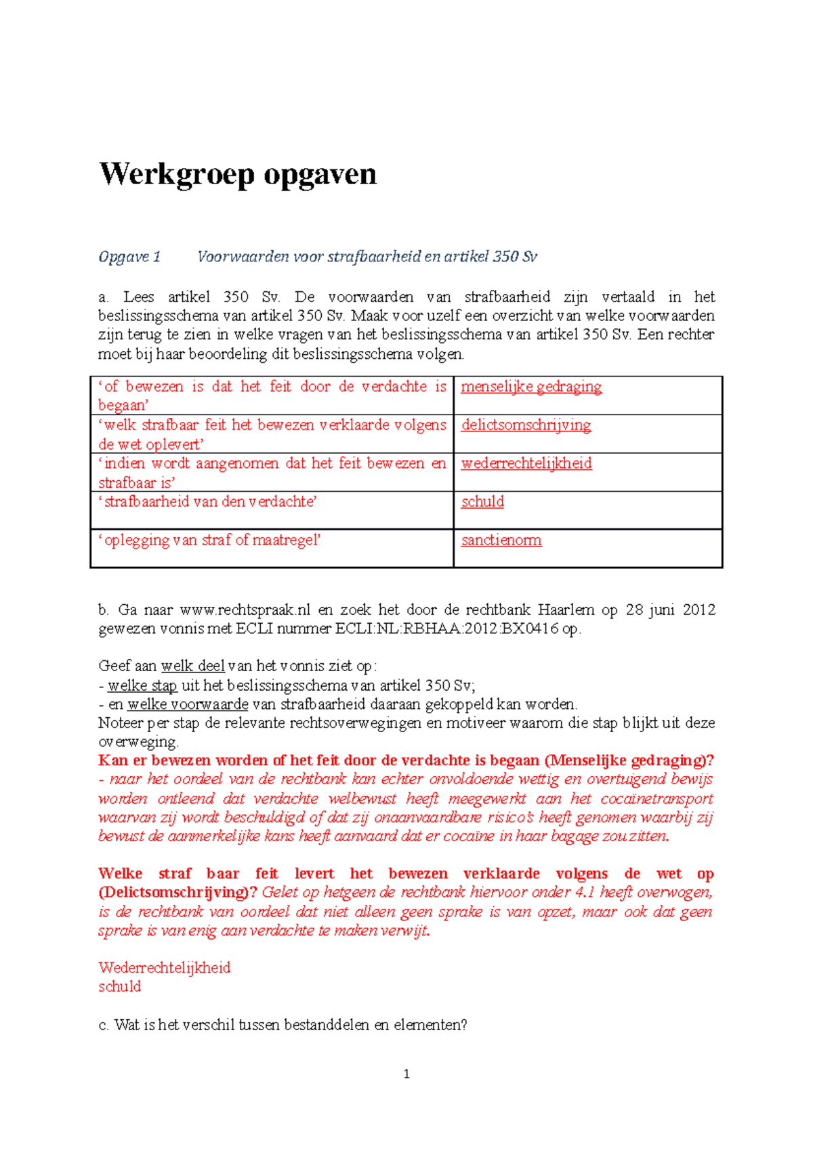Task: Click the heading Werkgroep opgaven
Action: pyautogui.click(x=238, y=175)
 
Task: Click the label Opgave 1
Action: pyautogui.click(x=129, y=257)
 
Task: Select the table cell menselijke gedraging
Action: pyautogui.click(x=531, y=387)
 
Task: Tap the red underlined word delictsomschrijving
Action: pyautogui.click(x=526, y=425)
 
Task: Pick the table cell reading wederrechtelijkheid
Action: pyautogui.click(x=526, y=463)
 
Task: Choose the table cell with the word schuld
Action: pyautogui.click(x=482, y=502)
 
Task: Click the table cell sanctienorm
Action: pyautogui.click(x=501, y=540)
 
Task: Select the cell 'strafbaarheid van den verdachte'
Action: pyautogui.click(x=208, y=502)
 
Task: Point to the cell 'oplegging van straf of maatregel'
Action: pyautogui.click(x=209, y=540)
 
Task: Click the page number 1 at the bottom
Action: pyautogui.click(x=406, y=1074)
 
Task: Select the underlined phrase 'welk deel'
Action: pyautogui.click(x=192, y=666)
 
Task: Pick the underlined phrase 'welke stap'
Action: pyautogui.click(x=142, y=685)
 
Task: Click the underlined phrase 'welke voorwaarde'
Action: pyautogui.click(x=188, y=704)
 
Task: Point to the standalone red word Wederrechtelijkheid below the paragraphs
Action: pyautogui.click(x=165, y=968)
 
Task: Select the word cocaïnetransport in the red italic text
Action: pyautogui.click(x=656, y=798)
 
